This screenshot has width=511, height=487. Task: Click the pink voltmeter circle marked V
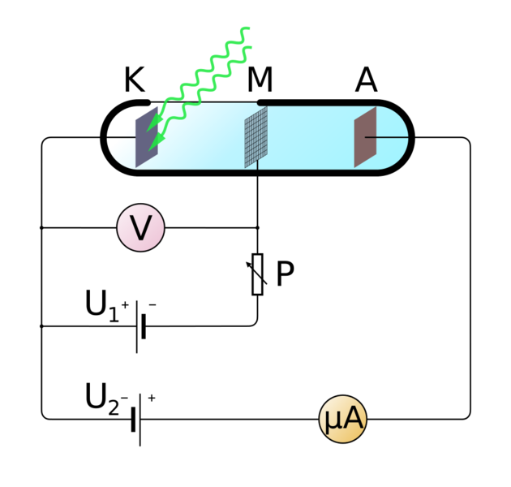tap(140, 228)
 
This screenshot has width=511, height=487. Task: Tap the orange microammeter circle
tap(343, 419)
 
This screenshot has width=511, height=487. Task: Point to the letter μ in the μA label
tap(333, 420)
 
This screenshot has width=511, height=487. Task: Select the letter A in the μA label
tap(353, 419)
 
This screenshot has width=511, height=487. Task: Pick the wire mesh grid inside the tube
tap(256, 137)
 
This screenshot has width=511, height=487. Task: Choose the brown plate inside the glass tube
tap(365, 137)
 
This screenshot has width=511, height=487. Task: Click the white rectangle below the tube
tap(257, 274)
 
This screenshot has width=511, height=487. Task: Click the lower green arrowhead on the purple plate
tap(153, 147)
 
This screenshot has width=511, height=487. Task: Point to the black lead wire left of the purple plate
tap(122, 137)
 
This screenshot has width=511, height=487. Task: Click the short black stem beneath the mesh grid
tap(258, 165)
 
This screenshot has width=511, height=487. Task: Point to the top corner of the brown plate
tap(376, 108)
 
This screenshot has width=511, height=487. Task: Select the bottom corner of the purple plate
tap(136, 167)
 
